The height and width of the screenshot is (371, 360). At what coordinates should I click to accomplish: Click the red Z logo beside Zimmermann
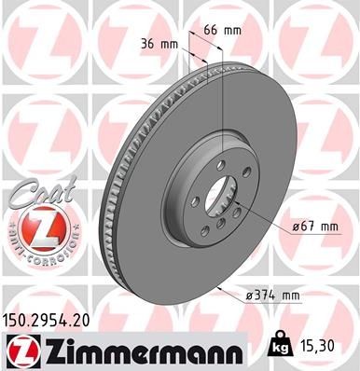point(21,350)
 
